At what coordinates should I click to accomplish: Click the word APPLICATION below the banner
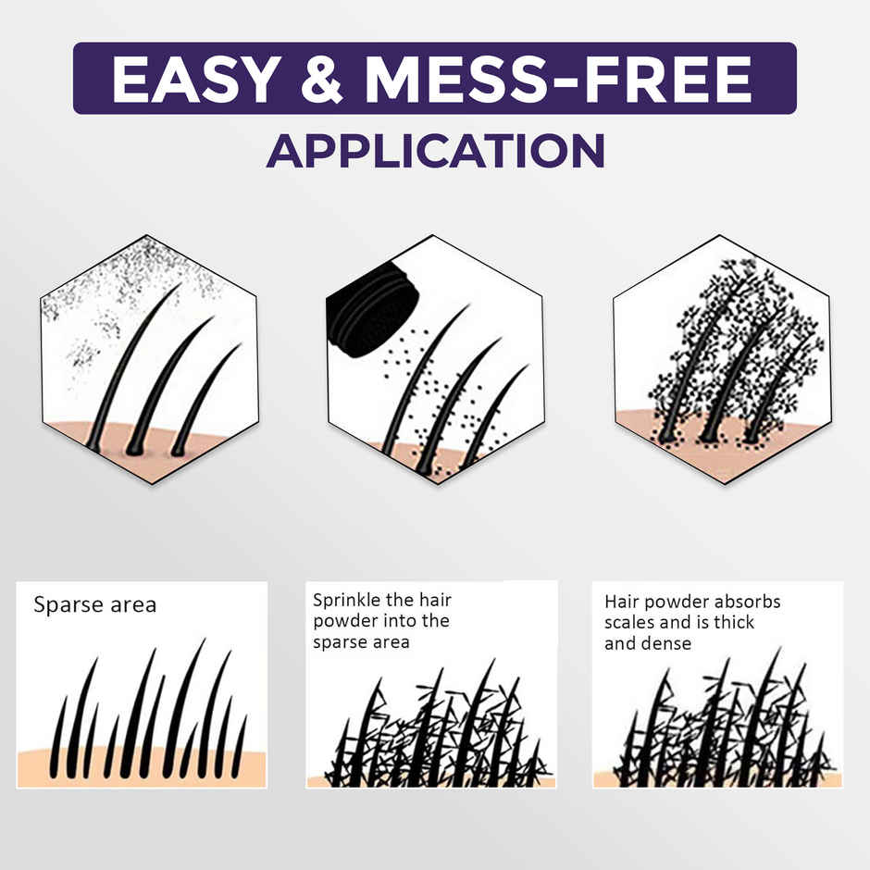click(x=435, y=150)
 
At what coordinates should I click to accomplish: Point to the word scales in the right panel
click(x=629, y=622)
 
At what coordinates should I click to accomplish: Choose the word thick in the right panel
click(x=732, y=622)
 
